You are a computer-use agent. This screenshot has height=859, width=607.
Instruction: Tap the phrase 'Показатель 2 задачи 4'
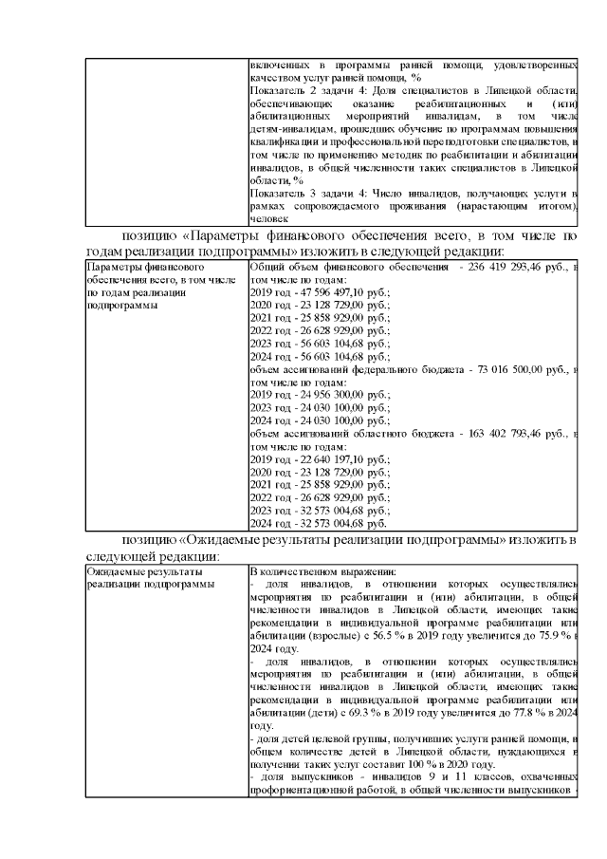[305, 89]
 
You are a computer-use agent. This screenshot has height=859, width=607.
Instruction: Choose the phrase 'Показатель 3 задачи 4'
[305, 193]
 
